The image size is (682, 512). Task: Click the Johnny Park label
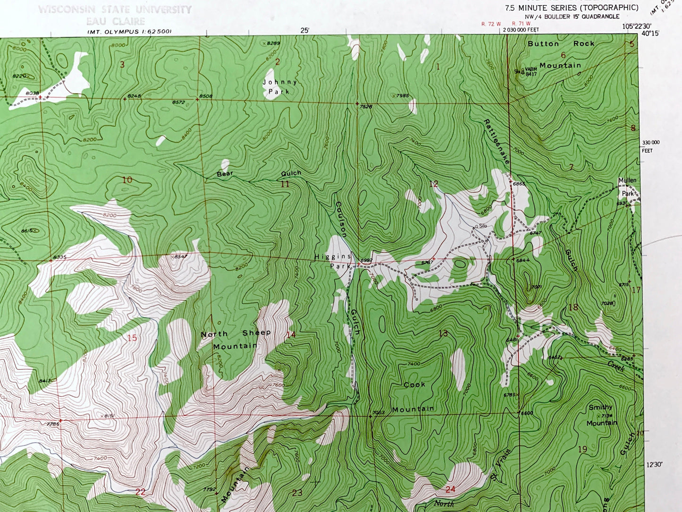[279, 87]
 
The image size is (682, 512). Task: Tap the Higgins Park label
[333, 261]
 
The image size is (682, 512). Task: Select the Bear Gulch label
[259, 174]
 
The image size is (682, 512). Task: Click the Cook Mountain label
[413, 397]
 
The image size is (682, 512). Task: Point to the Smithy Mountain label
[601, 415]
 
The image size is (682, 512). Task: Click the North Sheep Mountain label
[236, 340]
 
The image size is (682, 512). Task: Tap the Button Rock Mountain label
[561, 54]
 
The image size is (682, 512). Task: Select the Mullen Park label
[628, 187]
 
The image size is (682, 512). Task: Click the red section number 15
[132, 338]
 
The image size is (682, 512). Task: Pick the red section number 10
[127, 179]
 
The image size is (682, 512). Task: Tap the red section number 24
[450, 489]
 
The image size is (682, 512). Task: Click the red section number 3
[122, 65]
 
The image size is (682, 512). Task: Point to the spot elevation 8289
[272, 43]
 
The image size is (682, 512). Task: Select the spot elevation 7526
[366, 107]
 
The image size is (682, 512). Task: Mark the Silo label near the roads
[482, 226]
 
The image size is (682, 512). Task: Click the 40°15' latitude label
[650, 34]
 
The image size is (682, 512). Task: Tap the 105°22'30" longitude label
[636, 26]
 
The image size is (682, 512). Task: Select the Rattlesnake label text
[497, 141]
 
